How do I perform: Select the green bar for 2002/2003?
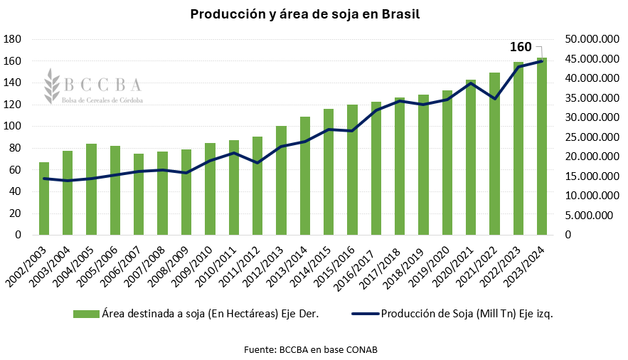(x=44, y=199)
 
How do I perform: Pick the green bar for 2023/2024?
(x=542, y=149)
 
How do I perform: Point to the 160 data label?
(x=521, y=48)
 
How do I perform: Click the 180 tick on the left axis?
(x=14, y=38)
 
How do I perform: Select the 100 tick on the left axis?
(x=14, y=126)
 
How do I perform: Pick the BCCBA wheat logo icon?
(x=52, y=85)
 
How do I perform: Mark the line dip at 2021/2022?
(x=494, y=98)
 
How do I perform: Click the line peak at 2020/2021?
(x=471, y=83)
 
